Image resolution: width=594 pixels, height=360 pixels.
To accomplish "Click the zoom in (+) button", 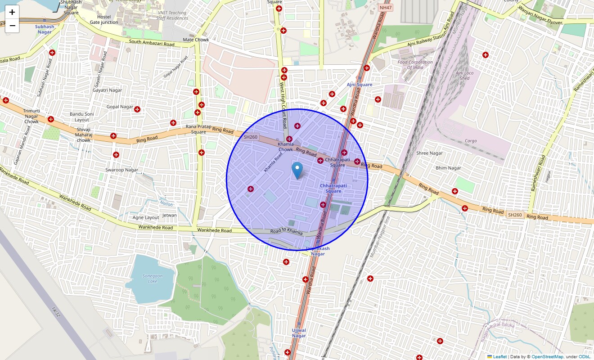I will coord(12,12).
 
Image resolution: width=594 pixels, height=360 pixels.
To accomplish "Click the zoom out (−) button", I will coord(12,26).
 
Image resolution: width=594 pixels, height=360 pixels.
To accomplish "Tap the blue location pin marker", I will coord(297,170).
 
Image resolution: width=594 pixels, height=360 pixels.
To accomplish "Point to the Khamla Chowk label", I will coord(286,147).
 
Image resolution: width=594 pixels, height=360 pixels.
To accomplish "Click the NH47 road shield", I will coord(386,8).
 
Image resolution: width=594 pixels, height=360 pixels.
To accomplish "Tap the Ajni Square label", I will coord(360,85).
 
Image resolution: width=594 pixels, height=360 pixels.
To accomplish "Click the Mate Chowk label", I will coord(196,40).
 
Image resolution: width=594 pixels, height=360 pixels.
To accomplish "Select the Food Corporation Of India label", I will coord(415,65).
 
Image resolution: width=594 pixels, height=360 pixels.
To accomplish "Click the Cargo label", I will coord(471,141).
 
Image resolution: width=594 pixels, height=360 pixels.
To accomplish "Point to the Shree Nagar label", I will coord(429,153).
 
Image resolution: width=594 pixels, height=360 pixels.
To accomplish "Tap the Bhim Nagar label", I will coord(448,168).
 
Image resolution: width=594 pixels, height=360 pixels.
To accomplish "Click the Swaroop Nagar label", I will coord(121,170).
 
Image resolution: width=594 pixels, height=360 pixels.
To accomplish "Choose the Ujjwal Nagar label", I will coord(299,333).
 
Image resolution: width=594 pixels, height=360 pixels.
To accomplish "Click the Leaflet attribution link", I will coord(499,356).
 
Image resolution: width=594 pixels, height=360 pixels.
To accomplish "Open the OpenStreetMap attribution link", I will coord(547,356).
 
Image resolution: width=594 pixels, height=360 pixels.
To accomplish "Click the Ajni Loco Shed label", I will coord(464,76).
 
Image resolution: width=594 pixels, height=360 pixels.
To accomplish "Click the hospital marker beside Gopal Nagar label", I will coord(138,109).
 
